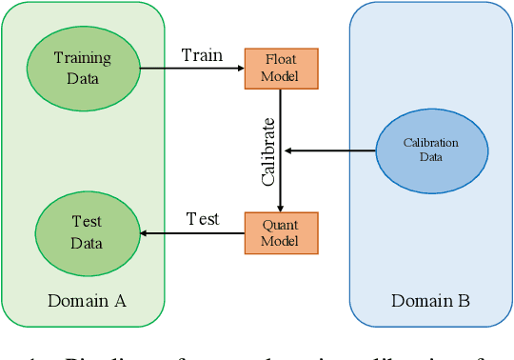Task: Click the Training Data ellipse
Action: point(82,68)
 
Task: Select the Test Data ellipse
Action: point(87,232)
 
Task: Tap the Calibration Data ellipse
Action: point(430,150)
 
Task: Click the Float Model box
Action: point(280,68)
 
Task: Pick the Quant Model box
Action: point(280,232)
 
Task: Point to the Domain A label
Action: point(87,302)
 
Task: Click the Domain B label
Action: point(430,302)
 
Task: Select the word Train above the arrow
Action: point(202,55)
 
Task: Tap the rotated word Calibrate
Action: point(268,150)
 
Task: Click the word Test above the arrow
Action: point(202,219)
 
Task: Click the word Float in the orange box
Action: point(280,59)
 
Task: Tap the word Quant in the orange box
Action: point(280,225)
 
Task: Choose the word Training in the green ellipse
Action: point(82,58)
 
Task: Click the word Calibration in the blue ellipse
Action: point(430,143)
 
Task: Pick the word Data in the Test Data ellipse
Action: point(87,243)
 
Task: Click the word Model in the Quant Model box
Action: point(280,241)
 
